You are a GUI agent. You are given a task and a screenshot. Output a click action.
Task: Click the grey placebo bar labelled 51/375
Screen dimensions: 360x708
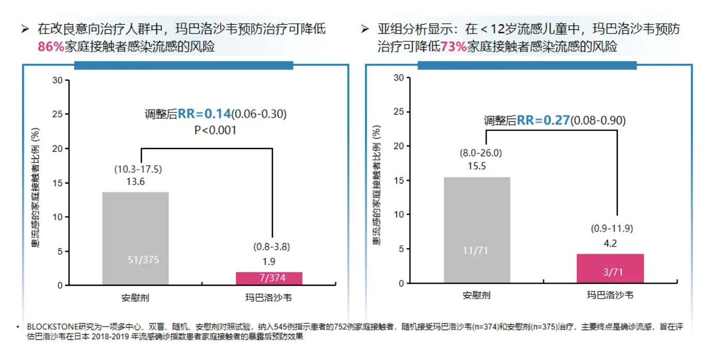[x=135, y=238]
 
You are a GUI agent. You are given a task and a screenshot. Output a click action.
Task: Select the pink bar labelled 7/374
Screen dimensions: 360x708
[x=269, y=279]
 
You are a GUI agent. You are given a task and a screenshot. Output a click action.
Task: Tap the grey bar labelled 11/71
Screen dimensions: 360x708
[x=477, y=230]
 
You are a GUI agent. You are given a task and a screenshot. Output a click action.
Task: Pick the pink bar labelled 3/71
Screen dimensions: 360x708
[x=610, y=268]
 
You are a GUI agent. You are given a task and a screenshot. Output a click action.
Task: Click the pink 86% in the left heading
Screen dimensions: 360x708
[x=51, y=47]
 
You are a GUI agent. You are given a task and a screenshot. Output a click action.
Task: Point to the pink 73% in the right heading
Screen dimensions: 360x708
[x=454, y=47]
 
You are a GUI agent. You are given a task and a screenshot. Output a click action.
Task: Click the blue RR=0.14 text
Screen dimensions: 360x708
[x=204, y=114]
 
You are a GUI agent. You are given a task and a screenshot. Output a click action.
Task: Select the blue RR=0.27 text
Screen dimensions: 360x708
[x=543, y=121]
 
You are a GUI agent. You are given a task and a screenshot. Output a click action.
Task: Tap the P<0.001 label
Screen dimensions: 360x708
[x=215, y=130]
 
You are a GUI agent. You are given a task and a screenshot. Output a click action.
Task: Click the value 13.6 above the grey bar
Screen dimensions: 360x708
[x=135, y=182]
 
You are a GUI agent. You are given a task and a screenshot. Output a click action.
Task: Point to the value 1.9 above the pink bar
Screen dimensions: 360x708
[x=269, y=261]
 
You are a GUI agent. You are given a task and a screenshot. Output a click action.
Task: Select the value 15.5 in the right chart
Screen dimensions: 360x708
[x=477, y=167]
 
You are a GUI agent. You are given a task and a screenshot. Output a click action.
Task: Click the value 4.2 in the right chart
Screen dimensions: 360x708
[x=610, y=243]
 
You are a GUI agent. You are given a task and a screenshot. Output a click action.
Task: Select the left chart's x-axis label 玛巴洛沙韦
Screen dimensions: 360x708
[x=269, y=298]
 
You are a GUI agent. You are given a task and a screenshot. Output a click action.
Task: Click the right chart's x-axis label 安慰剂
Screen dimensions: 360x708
[x=476, y=296]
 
